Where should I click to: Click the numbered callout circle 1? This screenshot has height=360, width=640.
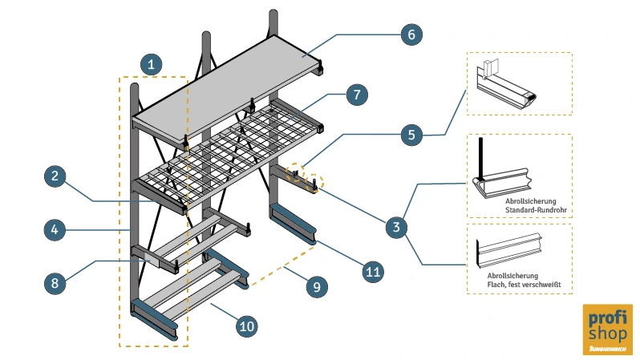(x=151, y=63)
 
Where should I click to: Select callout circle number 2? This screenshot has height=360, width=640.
(x=55, y=177)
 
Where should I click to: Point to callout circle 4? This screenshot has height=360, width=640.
(x=55, y=230)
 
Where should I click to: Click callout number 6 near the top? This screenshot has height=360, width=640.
(x=411, y=35)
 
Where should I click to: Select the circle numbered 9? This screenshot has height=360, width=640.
(x=316, y=282)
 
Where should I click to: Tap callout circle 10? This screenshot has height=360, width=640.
(x=247, y=325)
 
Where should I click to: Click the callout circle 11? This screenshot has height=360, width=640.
(x=372, y=272)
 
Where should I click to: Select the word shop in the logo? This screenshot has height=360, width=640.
(x=608, y=334)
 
